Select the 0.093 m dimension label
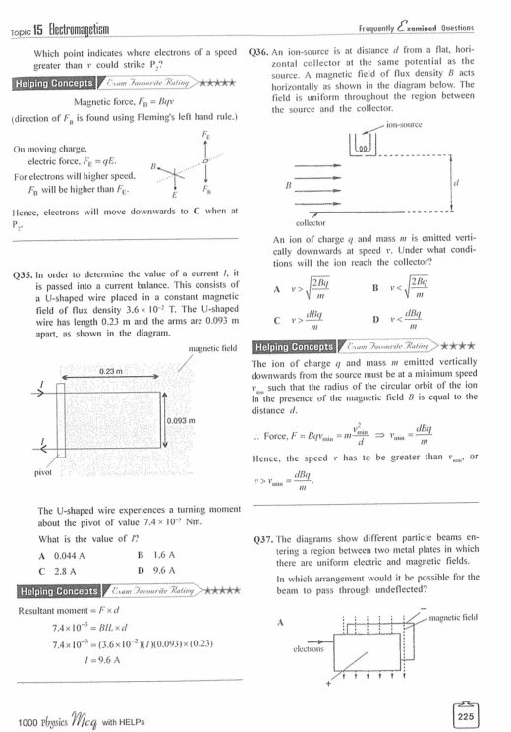coord(182,420)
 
